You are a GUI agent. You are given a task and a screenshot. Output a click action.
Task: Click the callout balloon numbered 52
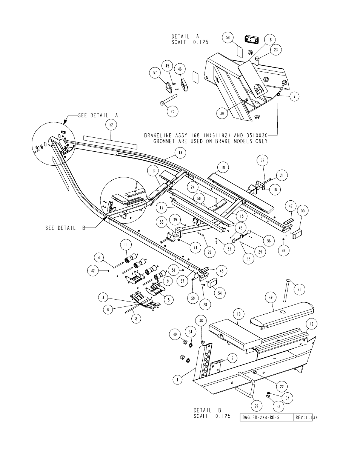(111, 125)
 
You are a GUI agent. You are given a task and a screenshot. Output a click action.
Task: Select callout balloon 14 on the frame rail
(180, 153)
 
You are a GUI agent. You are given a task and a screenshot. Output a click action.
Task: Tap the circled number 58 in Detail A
(228, 37)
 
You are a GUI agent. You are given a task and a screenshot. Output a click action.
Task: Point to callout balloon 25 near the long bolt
(300, 289)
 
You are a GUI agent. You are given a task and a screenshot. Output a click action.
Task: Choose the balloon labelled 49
(271, 297)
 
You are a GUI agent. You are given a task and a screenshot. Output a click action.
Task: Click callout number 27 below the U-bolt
(257, 406)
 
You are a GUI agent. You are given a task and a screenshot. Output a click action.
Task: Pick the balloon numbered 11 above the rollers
(126, 245)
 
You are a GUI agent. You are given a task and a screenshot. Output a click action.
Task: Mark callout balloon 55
(303, 211)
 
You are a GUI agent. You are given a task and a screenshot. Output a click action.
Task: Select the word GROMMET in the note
(165, 141)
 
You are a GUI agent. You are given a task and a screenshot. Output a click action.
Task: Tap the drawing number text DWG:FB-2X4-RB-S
(261, 418)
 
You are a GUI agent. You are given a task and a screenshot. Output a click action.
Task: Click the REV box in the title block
(303, 418)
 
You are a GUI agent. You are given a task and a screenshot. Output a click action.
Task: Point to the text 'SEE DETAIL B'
(65, 228)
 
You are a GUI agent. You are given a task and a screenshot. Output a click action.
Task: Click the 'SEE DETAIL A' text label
(98, 115)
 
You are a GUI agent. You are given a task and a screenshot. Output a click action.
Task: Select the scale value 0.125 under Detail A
(201, 42)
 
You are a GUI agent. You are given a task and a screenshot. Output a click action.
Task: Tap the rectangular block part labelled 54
(212, 283)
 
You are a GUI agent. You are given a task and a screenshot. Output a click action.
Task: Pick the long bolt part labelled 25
(287, 290)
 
